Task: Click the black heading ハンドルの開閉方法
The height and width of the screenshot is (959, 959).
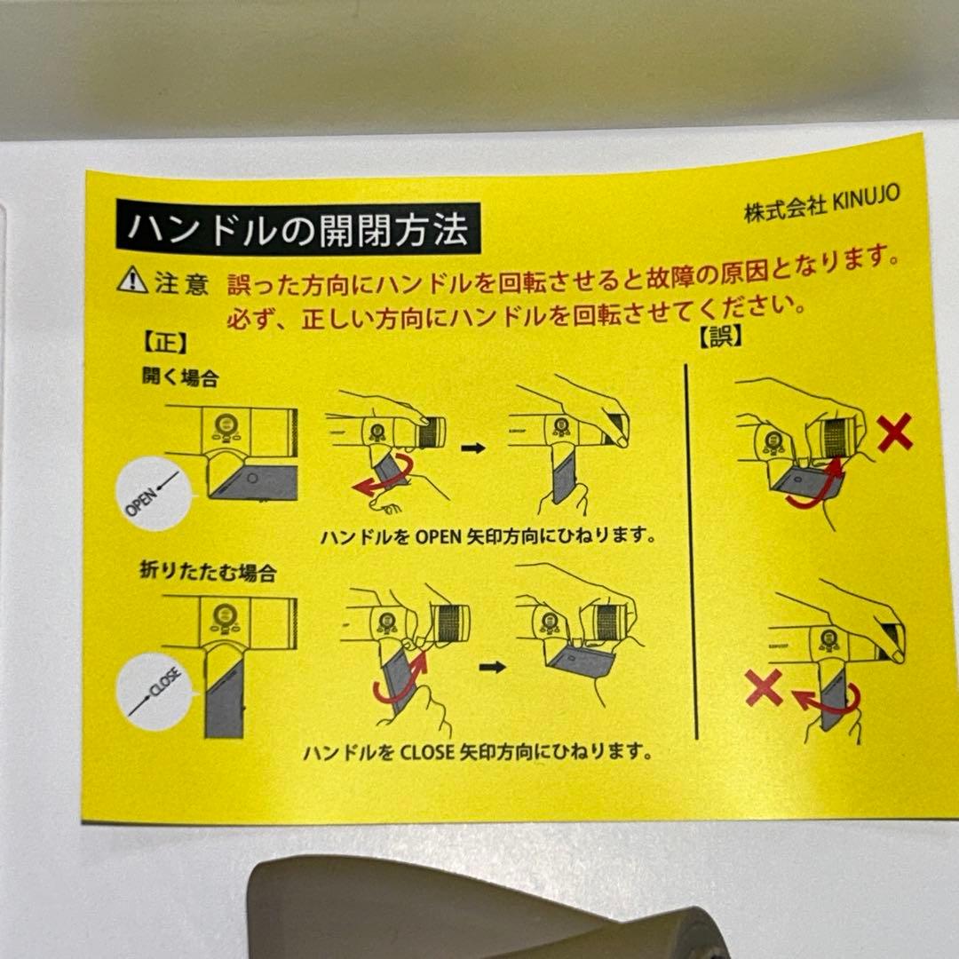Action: pyautogui.click(x=298, y=227)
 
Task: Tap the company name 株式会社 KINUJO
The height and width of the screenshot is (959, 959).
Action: pyautogui.click(x=821, y=203)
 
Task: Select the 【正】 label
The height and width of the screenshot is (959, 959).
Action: pyautogui.click(x=165, y=343)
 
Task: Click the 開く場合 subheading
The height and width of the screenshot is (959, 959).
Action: pyautogui.click(x=179, y=376)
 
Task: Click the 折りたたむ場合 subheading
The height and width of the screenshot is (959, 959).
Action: pyautogui.click(x=208, y=572)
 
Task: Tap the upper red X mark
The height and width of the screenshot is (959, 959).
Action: pyautogui.click(x=895, y=432)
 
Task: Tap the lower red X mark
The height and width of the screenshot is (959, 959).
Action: pyautogui.click(x=764, y=686)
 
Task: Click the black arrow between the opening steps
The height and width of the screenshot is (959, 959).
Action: pyautogui.click(x=472, y=448)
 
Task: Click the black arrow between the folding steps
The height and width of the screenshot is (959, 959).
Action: pyautogui.click(x=492, y=667)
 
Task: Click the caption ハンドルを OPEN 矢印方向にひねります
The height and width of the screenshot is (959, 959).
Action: pyautogui.click(x=488, y=535)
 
